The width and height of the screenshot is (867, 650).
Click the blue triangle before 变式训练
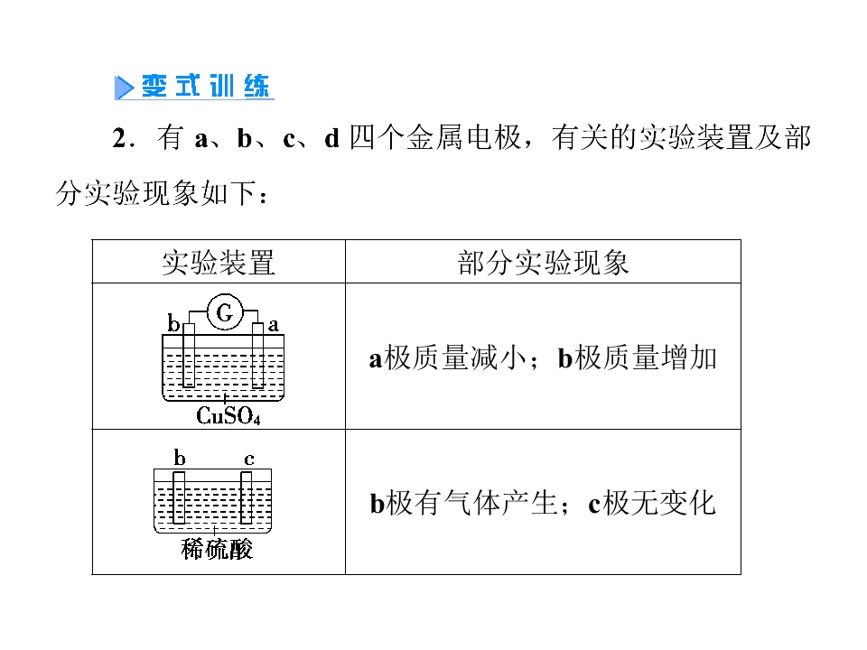coord(124,88)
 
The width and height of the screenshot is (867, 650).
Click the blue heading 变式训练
coord(205,87)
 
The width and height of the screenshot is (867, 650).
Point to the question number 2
coord(119,137)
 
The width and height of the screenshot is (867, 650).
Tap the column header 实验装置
coord(218,263)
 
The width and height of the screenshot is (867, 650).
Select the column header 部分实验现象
coord(543,263)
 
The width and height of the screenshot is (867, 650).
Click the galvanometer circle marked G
coord(225,312)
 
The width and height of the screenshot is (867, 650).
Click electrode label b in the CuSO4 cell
coord(173,323)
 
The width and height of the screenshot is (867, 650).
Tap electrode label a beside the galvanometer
coord(273,325)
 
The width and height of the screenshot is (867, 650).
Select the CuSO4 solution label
coord(228,415)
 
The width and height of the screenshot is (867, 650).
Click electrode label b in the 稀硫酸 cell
coord(179,458)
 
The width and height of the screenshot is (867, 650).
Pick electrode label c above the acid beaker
coord(249,460)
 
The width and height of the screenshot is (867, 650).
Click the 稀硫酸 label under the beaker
coord(217,550)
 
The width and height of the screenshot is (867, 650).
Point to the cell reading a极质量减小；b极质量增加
coord(543,357)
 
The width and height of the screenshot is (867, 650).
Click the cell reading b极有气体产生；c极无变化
coord(543,503)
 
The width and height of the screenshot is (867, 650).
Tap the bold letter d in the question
coord(331,138)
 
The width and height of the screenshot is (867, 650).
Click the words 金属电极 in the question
coord(463,137)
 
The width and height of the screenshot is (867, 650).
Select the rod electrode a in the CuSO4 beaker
coord(257,356)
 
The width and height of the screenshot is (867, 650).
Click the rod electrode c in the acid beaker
coord(246,497)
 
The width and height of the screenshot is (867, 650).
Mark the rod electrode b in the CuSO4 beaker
coord(189,356)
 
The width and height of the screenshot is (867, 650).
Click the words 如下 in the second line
coord(228,193)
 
